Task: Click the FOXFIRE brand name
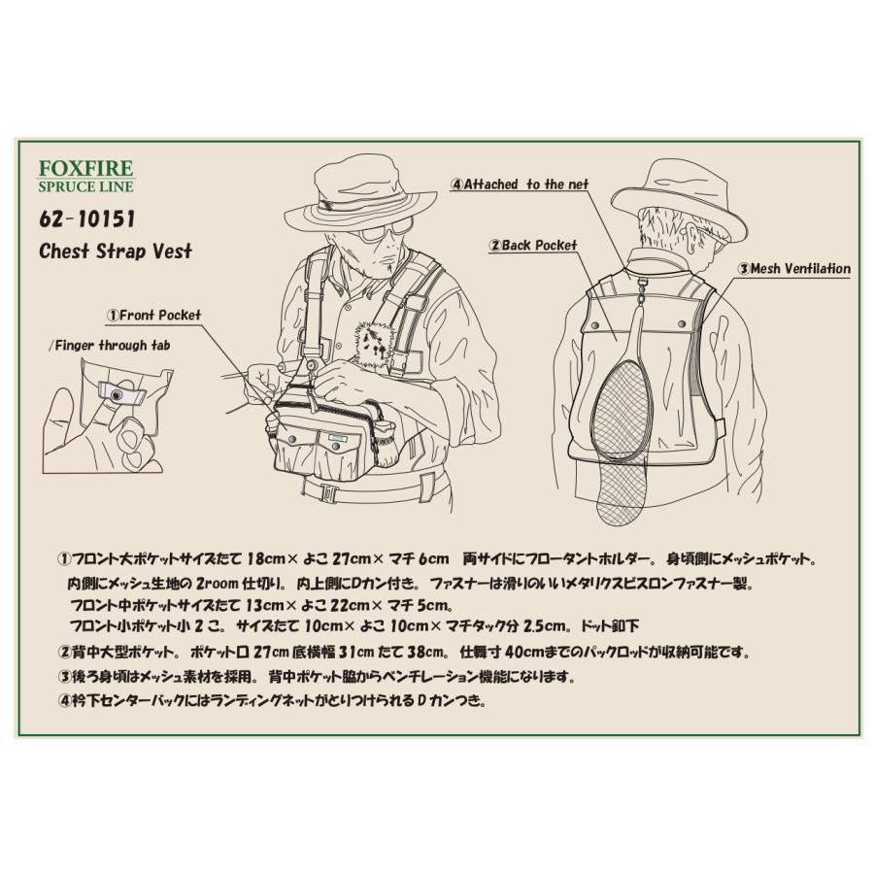(x=85, y=168)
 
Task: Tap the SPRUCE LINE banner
(x=85, y=186)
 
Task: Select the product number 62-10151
(x=85, y=219)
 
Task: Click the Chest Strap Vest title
(x=116, y=252)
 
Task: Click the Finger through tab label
(x=109, y=345)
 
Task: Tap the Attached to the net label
(x=520, y=184)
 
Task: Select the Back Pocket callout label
(x=533, y=246)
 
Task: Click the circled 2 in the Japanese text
(x=65, y=653)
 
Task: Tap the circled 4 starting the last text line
(x=65, y=699)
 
